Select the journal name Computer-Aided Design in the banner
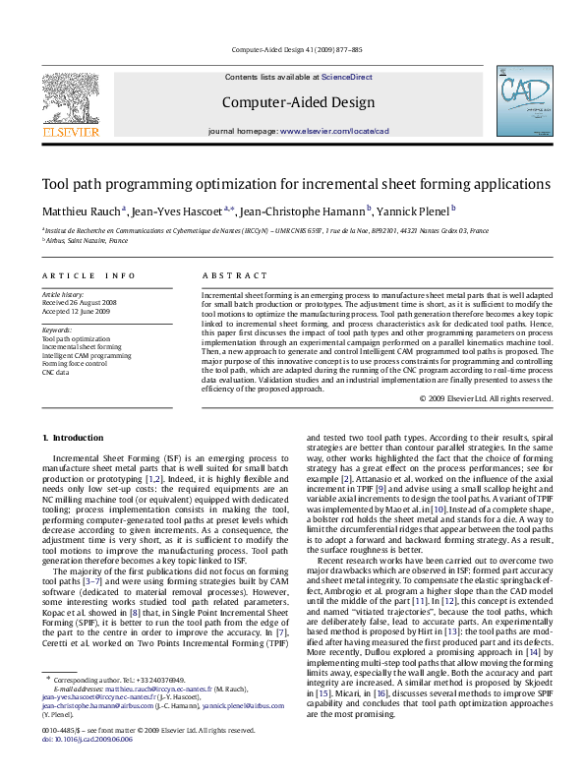[x=297, y=102]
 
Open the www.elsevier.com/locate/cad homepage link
[x=334, y=131]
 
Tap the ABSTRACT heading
[x=234, y=276]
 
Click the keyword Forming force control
[x=74, y=363]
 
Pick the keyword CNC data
[x=55, y=372]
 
